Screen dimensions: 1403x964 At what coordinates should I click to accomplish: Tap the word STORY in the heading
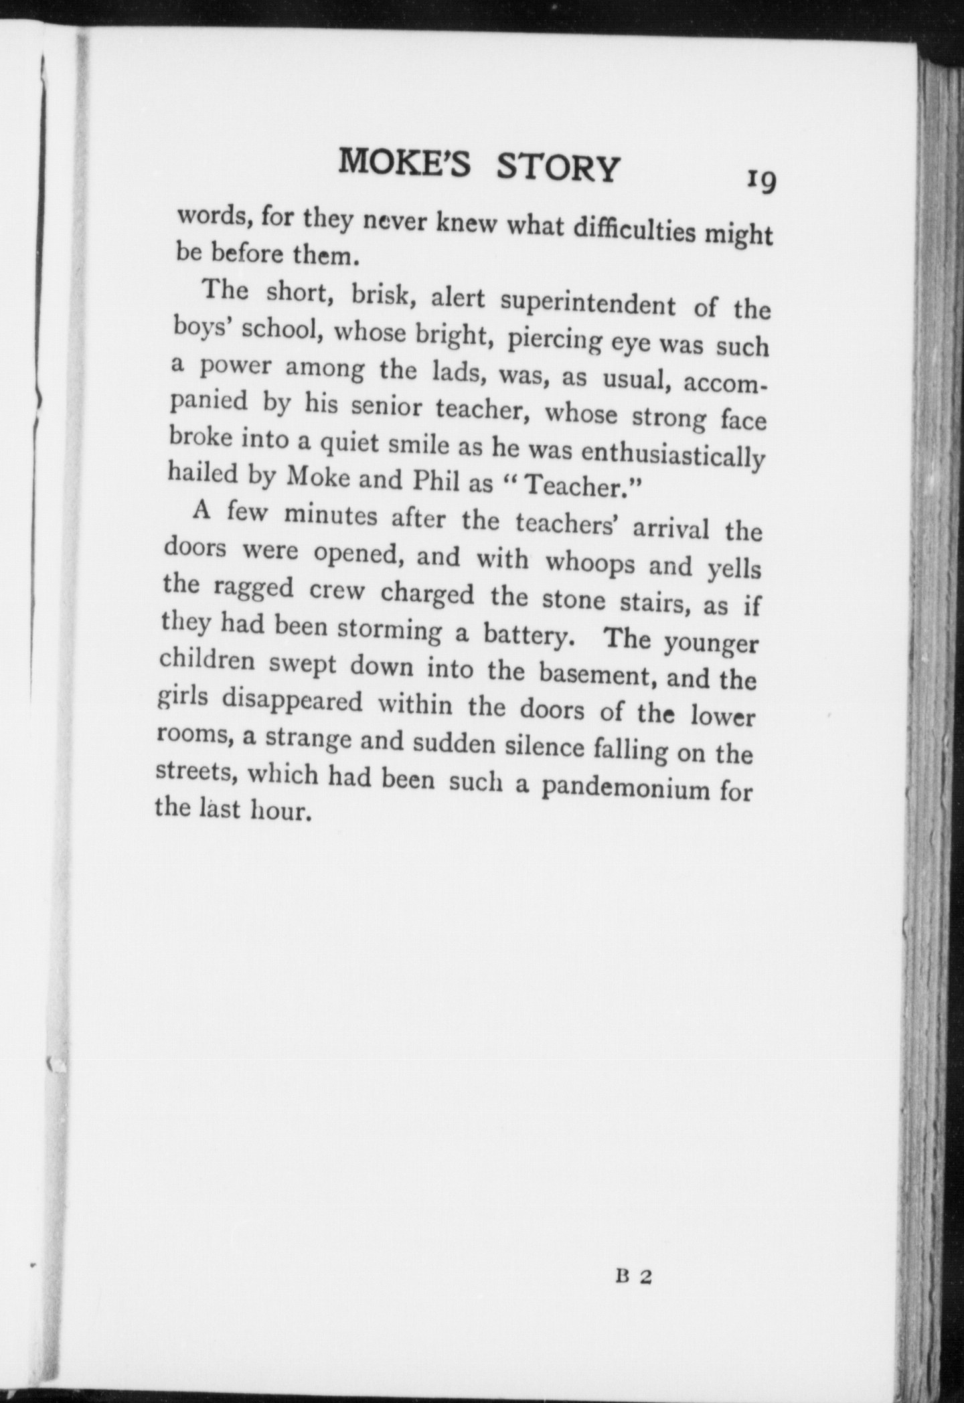tap(557, 168)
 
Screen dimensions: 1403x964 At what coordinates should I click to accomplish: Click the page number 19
tap(761, 180)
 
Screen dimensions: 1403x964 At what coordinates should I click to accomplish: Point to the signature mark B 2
tap(633, 1276)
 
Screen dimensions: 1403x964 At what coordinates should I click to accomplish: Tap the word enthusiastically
tap(672, 456)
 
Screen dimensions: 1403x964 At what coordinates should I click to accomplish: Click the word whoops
tap(590, 564)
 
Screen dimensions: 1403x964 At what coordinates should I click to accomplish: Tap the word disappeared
tap(292, 702)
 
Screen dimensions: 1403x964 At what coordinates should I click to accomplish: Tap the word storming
tap(388, 629)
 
